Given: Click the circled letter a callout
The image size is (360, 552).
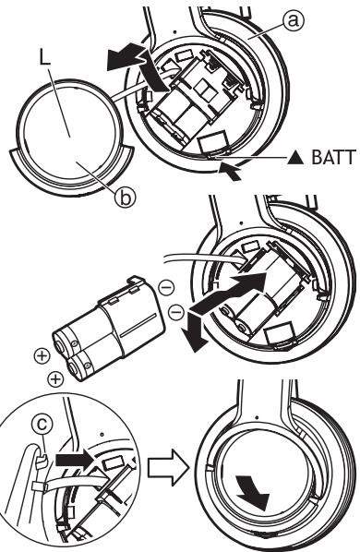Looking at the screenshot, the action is [293, 20].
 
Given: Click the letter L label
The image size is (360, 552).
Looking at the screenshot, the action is [44, 59].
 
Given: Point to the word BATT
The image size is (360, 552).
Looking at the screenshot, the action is [333, 157].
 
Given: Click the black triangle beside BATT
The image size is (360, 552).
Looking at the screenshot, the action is [295, 158].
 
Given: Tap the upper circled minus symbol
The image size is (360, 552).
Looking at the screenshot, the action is [166, 288].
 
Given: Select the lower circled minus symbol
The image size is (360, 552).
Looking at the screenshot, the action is [176, 312].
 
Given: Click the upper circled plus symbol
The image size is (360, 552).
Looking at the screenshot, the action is [42, 356].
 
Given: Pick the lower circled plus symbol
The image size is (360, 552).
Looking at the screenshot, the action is [55, 379].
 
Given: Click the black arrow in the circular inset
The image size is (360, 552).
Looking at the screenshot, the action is [77, 461].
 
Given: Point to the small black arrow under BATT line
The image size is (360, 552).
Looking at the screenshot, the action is [230, 172].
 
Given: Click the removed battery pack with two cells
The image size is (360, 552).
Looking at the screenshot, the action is [108, 330].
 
